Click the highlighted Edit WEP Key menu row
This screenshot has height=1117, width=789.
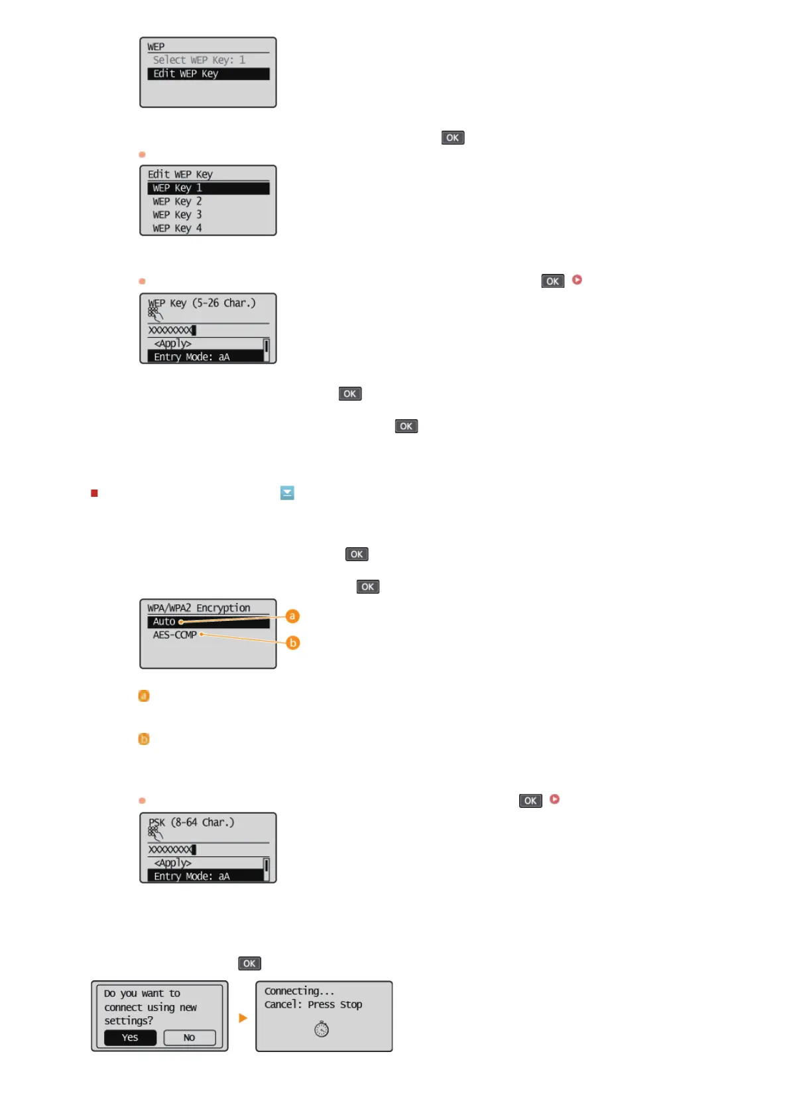click(208, 74)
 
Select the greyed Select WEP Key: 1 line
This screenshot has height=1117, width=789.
click(199, 60)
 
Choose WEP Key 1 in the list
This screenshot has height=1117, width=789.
click(208, 188)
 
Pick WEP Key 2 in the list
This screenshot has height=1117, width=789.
click(178, 202)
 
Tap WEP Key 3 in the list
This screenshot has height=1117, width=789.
click(178, 215)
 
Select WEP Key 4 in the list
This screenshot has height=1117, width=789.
click(178, 228)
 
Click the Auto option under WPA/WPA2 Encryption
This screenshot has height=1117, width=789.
click(164, 622)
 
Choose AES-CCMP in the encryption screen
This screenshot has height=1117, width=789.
click(175, 635)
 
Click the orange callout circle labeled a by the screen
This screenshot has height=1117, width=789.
click(292, 616)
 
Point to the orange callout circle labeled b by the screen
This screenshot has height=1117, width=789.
click(292, 643)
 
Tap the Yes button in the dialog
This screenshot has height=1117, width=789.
click(130, 1037)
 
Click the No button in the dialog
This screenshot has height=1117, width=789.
click(190, 1037)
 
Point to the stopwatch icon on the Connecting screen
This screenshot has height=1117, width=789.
click(322, 1029)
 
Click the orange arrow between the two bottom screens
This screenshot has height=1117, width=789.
click(243, 1018)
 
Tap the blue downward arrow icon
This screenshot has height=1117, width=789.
click(287, 493)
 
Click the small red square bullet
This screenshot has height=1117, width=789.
click(94, 493)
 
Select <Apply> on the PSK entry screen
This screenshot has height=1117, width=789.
click(173, 863)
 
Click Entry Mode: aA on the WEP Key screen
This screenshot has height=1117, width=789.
click(192, 357)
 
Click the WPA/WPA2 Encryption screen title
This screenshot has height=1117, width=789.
click(199, 608)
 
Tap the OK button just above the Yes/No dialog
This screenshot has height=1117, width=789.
click(249, 963)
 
